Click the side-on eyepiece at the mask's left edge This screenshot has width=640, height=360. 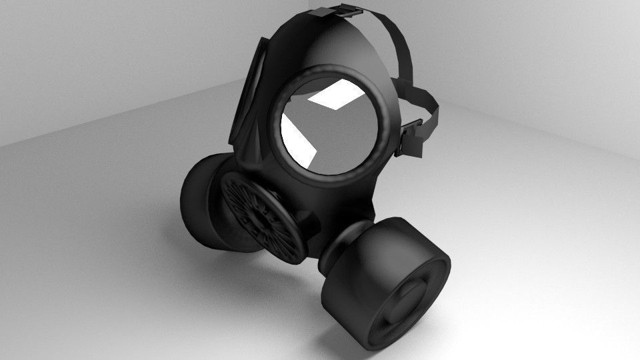point(248,93)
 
